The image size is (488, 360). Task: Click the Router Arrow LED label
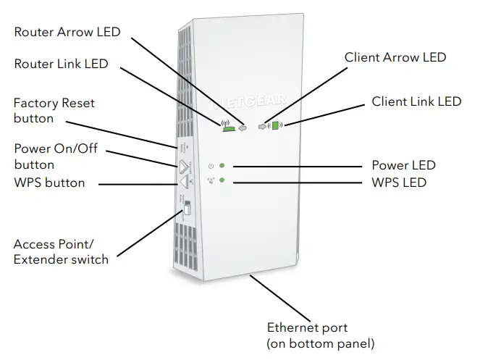pyautogui.click(x=67, y=32)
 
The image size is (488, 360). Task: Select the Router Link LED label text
pyautogui.click(x=61, y=64)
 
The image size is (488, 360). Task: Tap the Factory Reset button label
pyautogui.click(x=54, y=110)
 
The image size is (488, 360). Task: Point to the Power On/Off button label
pyautogui.click(x=55, y=156)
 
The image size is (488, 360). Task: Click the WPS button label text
pyautogui.click(x=49, y=183)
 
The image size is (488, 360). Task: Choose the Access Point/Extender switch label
pyautogui.click(x=61, y=251)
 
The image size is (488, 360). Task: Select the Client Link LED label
pyautogui.click(x=416, y=101)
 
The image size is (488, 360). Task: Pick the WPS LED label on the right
pyautogui.click(x=399, y=183)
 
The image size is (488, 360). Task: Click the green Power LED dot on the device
pyautogui.click(x=223, y=166)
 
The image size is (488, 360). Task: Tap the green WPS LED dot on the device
pyautogui.click(x=223, y=180)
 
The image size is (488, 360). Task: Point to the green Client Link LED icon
pyautogui.click(x=275, y=125)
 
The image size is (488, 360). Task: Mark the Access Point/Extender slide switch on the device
pyautogui.click(x=186, y=209)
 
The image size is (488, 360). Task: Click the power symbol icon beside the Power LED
pyautogui.click(x=210, y=166)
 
